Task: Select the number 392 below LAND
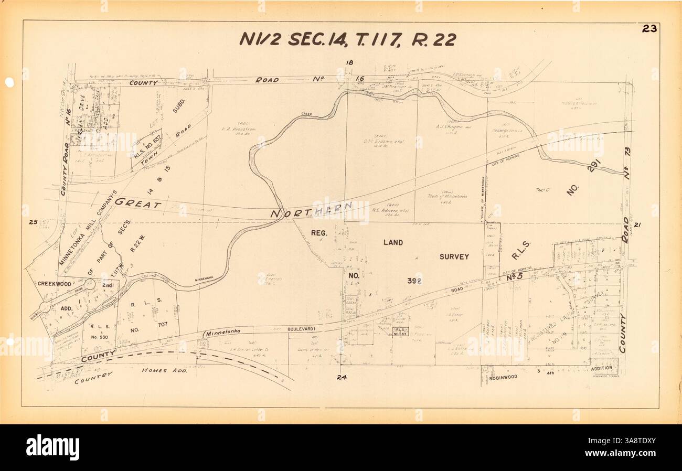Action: click(414, 281)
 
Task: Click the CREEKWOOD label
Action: click(55, 283)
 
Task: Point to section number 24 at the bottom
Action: click(342, 377)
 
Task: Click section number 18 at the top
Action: click(349, 63)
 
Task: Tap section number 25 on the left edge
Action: click(33, 222)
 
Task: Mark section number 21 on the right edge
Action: click(638, 226)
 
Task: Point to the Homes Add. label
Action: click(162, 370)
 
